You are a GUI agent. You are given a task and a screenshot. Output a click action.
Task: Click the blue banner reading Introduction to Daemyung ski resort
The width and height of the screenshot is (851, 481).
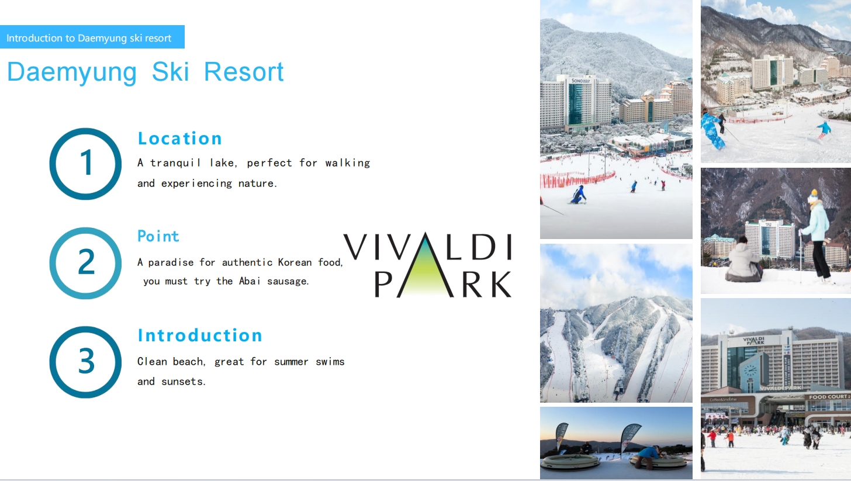[x=92, y=37]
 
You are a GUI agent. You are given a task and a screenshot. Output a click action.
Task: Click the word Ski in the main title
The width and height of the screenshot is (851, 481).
[x=170, y=71]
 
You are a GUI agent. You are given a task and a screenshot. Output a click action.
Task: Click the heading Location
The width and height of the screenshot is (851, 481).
[x=179, y=139]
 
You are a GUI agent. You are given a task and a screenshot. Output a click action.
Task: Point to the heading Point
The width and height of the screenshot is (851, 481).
[x=158, y=236]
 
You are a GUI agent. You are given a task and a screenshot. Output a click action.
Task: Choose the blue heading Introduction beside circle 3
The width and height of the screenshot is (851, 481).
[x=200, y=335]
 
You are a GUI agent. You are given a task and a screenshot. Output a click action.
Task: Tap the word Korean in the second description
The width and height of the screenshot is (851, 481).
[x=295, y=262]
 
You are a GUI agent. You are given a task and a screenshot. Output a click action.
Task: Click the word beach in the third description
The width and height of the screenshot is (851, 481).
[x=189, y=361]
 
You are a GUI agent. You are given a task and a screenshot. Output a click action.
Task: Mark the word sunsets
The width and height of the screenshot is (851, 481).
[x=183, y=381]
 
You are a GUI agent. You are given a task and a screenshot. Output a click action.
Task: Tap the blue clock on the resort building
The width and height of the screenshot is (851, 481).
[x=750, y=371]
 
